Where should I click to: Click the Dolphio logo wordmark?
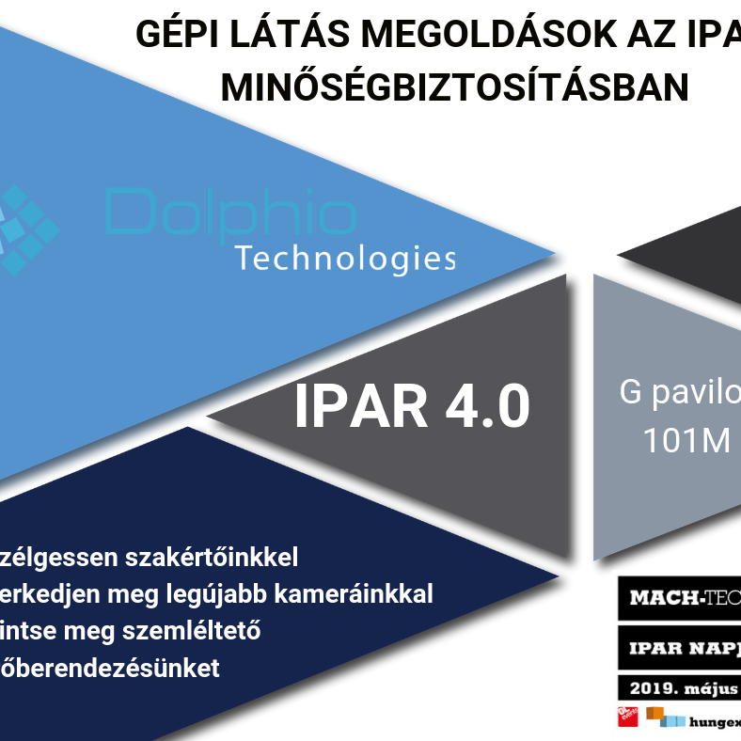230,213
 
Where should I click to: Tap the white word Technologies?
345,258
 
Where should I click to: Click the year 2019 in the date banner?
648,688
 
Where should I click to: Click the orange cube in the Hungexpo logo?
654,713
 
